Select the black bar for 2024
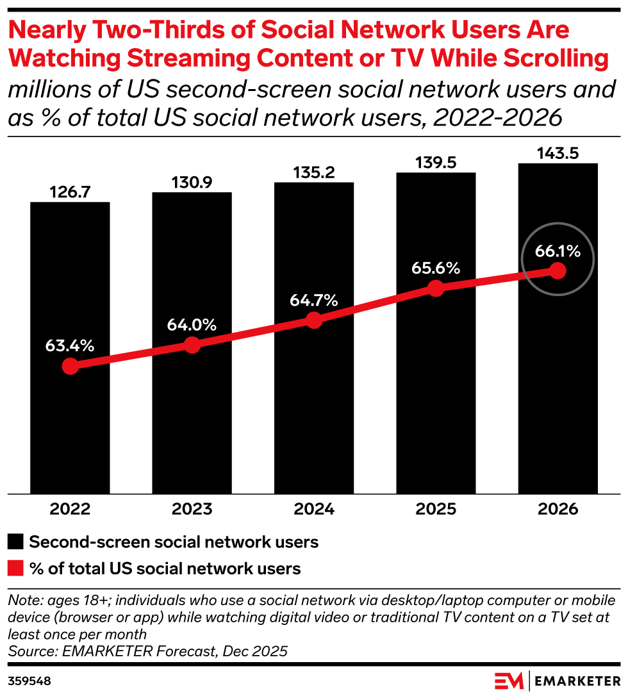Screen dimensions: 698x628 (313, 410)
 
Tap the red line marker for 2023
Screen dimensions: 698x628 (192, 345)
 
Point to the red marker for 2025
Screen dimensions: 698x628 (436, 288)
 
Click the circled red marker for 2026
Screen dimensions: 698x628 (558, 270)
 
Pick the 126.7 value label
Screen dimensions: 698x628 (70, 192)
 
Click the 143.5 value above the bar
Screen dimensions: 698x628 (558, 153)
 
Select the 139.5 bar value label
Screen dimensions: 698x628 (436, 162)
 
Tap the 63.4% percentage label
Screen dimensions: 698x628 (70, 346)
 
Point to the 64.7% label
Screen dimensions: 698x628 (313, 300)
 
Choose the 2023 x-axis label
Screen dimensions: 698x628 (192, 510)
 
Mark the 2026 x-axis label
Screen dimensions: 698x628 (558, 510)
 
